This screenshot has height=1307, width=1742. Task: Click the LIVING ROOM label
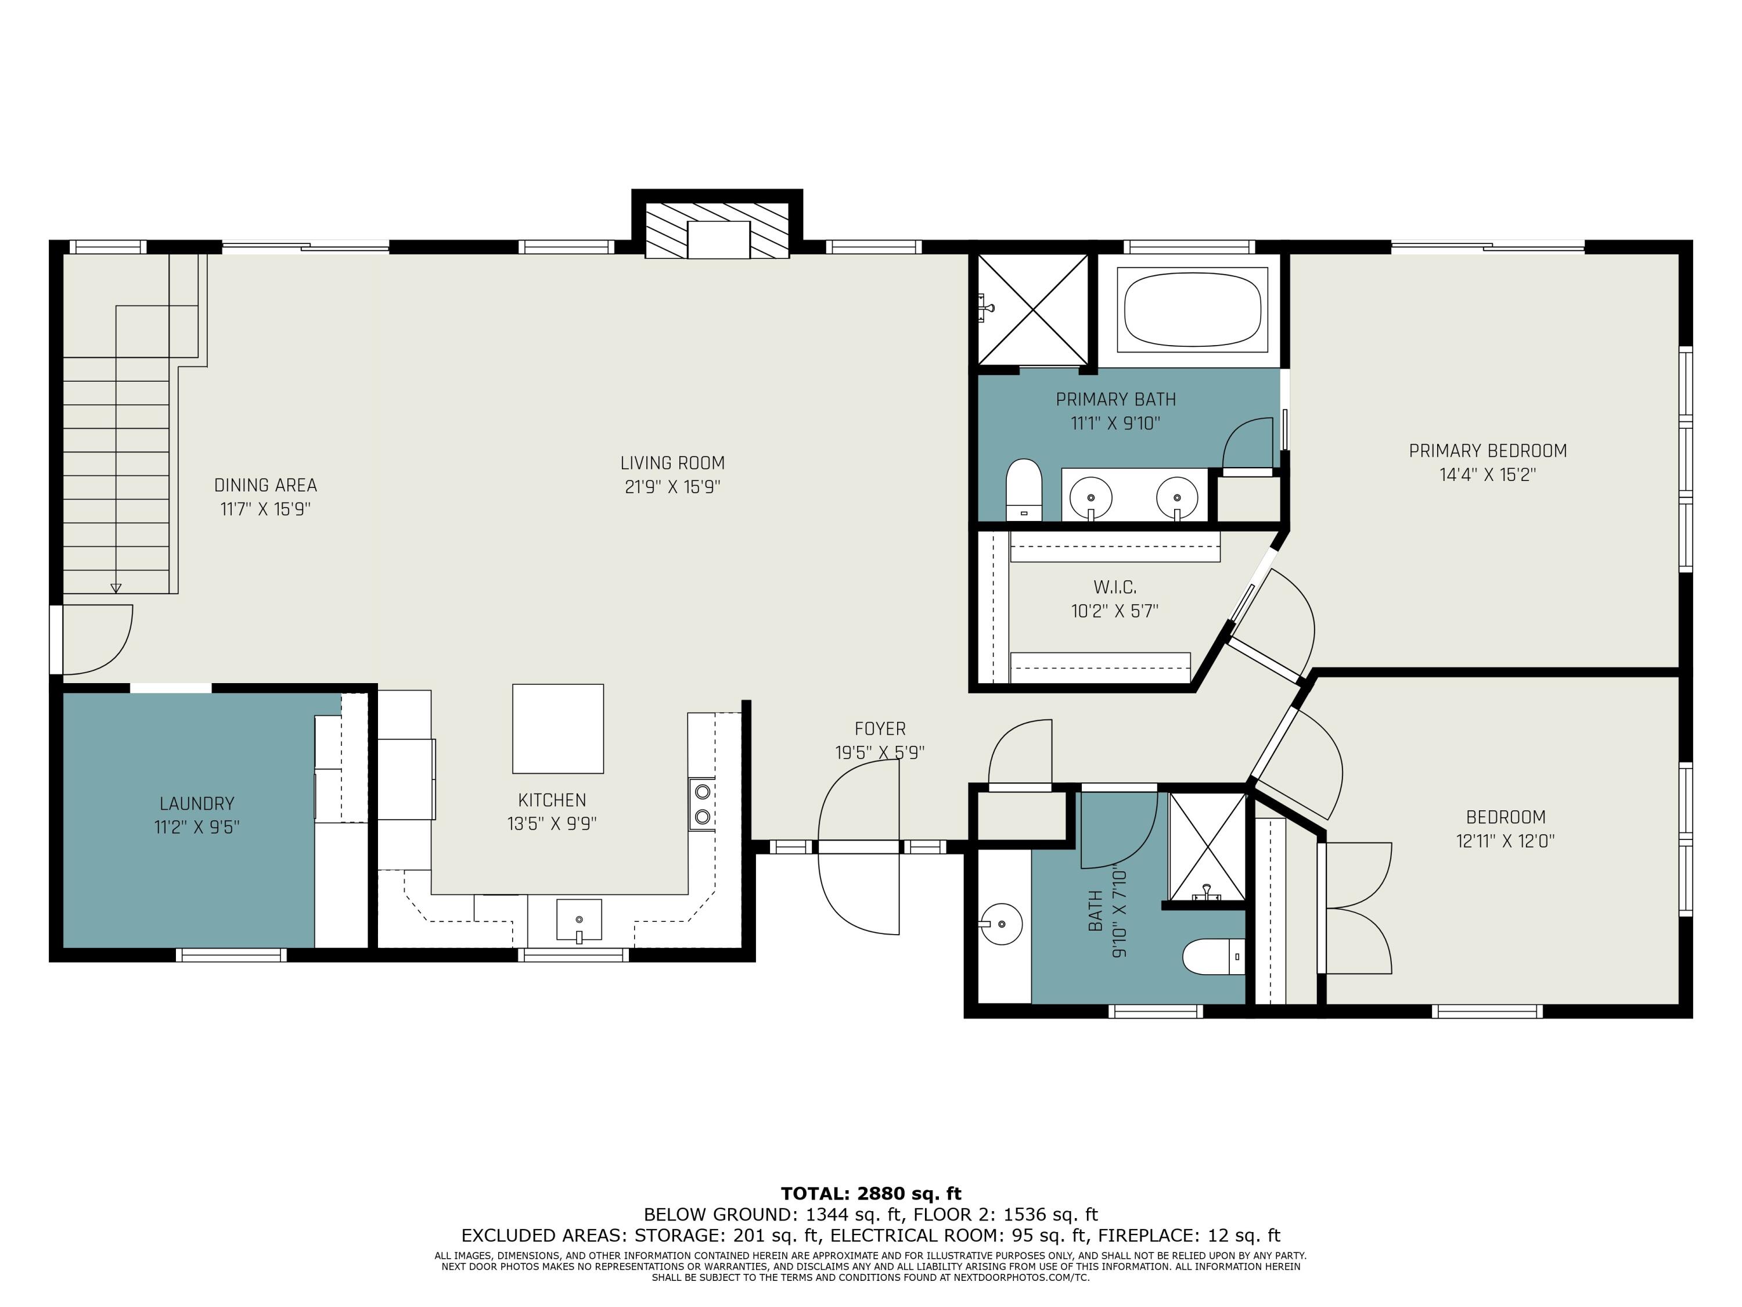[672, 463]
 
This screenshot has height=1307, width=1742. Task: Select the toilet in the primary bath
[1024, 489]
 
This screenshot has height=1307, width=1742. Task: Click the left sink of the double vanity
[1090, 498]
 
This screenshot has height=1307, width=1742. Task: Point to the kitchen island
[557, 729]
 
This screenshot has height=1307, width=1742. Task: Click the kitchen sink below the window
[579, 920]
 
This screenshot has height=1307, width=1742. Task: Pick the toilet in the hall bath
[1214, 956]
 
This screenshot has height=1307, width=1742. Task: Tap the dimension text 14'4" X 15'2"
[1488, 475]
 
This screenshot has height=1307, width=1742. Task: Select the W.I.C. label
[1114, 587]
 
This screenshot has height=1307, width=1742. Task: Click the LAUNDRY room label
[197, 803]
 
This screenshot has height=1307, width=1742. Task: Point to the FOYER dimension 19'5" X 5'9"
[880, 752]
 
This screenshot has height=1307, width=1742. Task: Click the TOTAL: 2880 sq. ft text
[871, 1194]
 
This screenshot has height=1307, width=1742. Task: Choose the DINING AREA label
[265, 485]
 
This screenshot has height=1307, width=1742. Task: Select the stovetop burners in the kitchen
[701, 803]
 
